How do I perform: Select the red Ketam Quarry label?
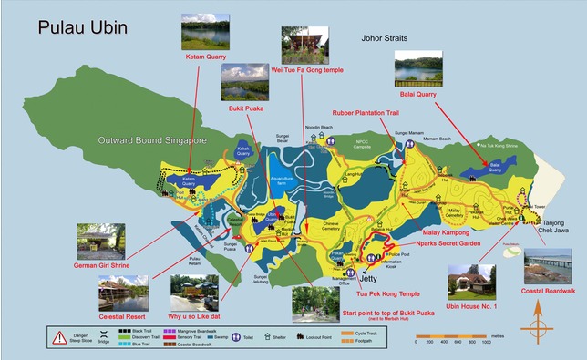click(206, 57)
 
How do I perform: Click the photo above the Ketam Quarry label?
click(204, 31)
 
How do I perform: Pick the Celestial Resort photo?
click(129, 293)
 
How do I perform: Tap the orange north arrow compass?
click(538, 318)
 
